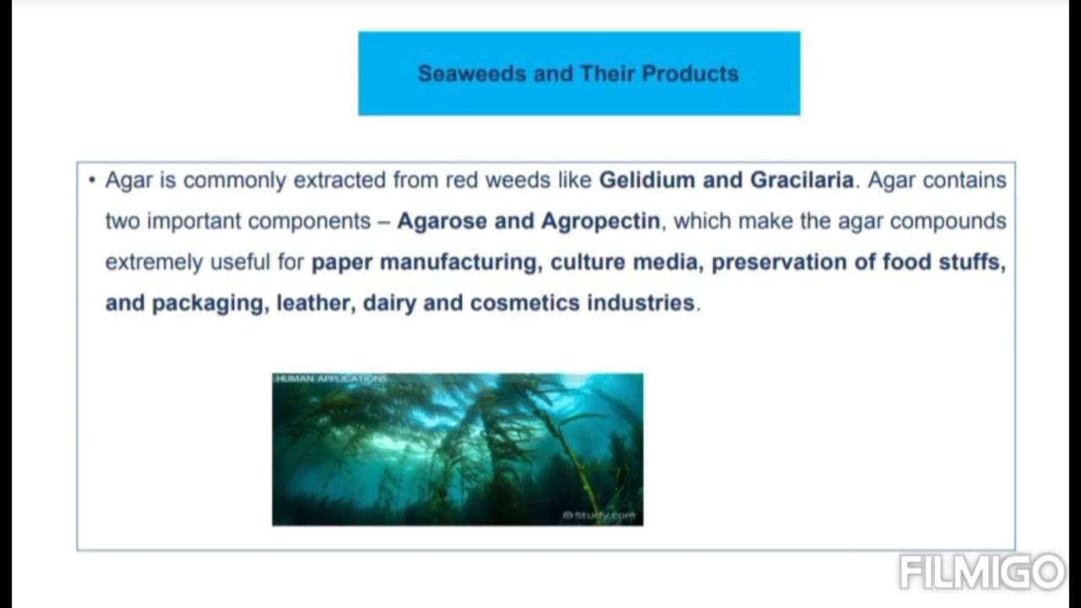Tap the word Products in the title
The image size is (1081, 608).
(690, 73)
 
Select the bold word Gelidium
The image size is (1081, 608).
(647, 180)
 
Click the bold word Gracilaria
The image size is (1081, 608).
(801, 180)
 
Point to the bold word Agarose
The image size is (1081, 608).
(442, 221)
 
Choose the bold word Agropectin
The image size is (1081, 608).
(600, 221)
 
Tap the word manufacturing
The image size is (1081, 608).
(459, 262)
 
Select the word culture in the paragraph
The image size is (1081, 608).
(588, 262)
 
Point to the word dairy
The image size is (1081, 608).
(389, 303)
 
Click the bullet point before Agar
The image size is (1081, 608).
(91, 180)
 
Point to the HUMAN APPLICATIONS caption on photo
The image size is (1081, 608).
(330, 379)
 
